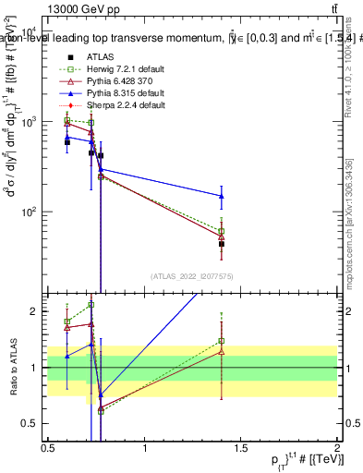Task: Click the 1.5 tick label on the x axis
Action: (240, 449)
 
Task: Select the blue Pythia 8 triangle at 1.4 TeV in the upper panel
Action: (222, 196)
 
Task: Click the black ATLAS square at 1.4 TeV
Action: (222, 244)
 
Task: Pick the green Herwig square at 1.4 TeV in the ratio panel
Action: (222, 341)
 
